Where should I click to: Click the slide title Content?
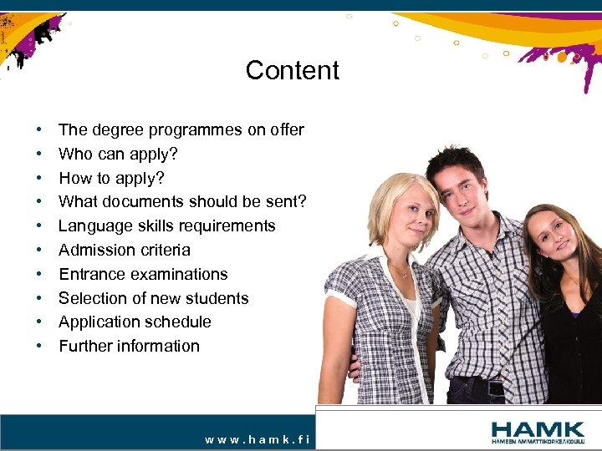(x=292, y=70)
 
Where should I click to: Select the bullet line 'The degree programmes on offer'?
(x=181, y=129)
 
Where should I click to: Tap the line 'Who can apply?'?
(x=118, y=154)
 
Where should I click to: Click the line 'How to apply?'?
(x=111, y=178)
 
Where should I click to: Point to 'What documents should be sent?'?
(x=182, y=202)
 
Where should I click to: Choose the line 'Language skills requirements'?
(x=166, y=225)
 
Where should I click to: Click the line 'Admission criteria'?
(x=124, y=250)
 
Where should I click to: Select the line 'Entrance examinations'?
(x=143, y=274)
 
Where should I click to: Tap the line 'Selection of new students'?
(x=153, y=298)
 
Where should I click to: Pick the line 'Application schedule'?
(x=135, y=322)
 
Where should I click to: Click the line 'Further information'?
(x=129, y=346)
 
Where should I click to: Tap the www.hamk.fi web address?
(x=257, y=439)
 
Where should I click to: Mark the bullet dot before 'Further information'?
(x=39, y=347)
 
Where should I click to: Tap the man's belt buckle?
(x=496, y=388)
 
